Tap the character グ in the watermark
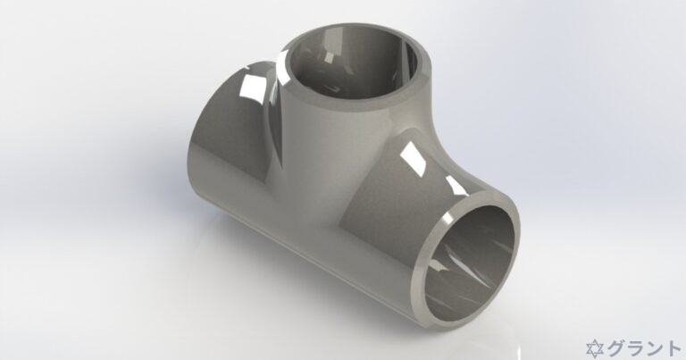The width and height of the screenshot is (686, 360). (615, 347)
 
